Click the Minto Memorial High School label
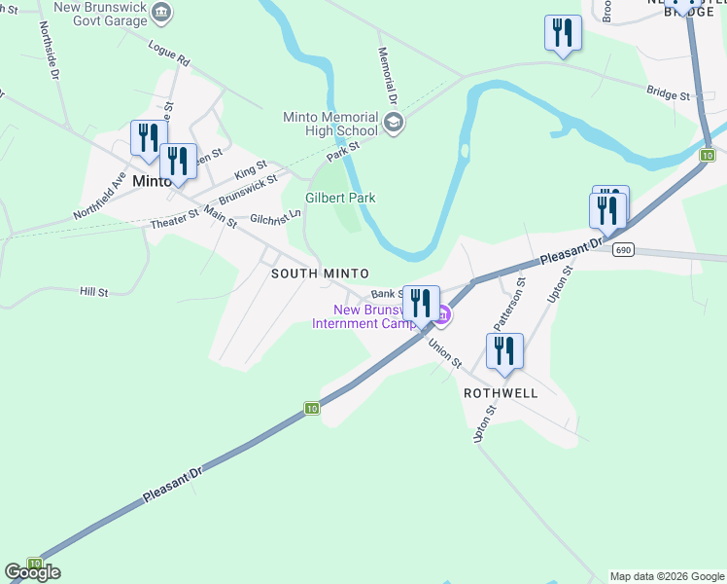pos(329,124)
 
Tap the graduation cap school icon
pos(393,123)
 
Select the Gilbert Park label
pos(340,198)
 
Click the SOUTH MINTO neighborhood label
pos(320,274)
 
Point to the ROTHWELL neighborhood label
pos(501,393)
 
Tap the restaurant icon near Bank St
pos(420,302)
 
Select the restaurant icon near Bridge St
pos(562,33)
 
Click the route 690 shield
pos(623,250)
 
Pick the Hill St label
pos(93,291)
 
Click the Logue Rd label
pos(169,54)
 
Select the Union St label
pos(445,352)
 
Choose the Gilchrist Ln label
pos(275,218)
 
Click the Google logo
pos(32,571)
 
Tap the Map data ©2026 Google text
pos(666,576)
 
